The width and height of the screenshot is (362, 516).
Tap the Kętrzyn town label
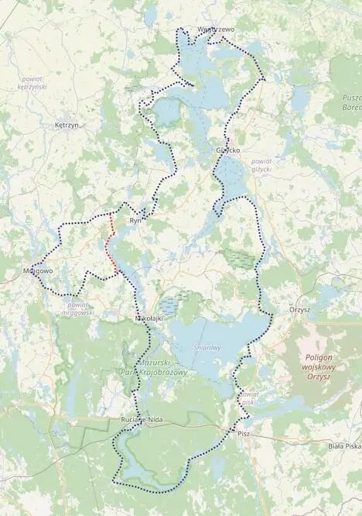click(x=67, y=124)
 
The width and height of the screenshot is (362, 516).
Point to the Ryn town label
click(x=138, y=221)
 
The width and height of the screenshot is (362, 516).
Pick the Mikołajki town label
click(x=148, y=318)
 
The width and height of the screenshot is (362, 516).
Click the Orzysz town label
click(x=299, y=309)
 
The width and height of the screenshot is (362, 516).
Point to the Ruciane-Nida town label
click(x=141, y=419)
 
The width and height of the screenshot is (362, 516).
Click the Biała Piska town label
click(x=342, y=445)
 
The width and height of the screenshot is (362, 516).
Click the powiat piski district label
click(x=248, y=397)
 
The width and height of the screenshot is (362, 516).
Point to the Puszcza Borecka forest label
click(x=350, y=104)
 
